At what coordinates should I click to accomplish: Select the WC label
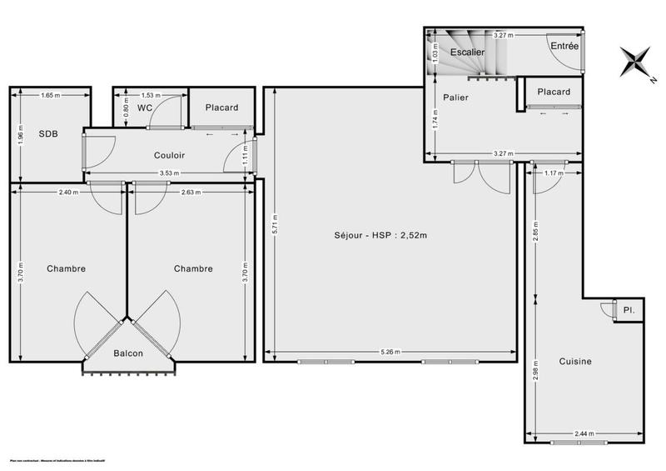click(x=144, y=108)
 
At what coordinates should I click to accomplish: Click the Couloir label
click(x=169, y=155)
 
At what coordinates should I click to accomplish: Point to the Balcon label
click(x=128, y=353)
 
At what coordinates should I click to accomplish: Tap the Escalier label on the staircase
click(x=467, y=52)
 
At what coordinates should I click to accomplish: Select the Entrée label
click(x=564, y=47)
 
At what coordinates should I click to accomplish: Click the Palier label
click(x=455, y=98)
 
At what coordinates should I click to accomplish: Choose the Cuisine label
click(x=575, y=361)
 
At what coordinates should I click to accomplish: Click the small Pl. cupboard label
click(x=628, y=310)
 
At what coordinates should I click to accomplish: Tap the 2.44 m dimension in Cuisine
click(x=584, y=433)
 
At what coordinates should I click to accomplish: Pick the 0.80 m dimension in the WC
click(x=126, y=107)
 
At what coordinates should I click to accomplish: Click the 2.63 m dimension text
click(x=190, y=193)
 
